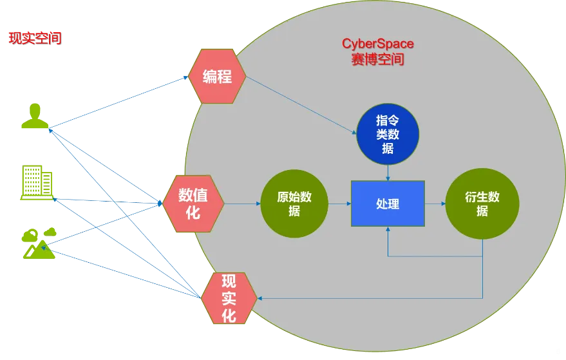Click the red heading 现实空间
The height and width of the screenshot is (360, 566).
pyautogui.click(x=35, y=38)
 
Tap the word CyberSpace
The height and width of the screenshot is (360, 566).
pyautogui.click(x=377, y=44)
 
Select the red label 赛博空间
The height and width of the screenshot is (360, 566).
pyautogui.click(x=377, y=59)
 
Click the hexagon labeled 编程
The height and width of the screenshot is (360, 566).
pyautogui.click(x=217, y=77)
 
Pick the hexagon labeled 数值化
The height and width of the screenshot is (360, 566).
pyautogui.click(x=193, y=204)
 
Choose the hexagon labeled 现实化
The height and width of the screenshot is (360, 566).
pyautogui.click(x=229, y=298)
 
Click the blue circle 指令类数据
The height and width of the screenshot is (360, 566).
pyautogui.click(x=388, y=134)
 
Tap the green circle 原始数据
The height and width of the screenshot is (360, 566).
pyautogui.click(x=294, y=204)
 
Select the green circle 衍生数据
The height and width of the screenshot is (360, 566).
pyautogui.click(x=482, y=204)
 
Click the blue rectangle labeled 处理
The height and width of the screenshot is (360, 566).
pyautogui.click(x=388, y=204)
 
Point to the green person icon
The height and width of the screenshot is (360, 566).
pyautogui.click(x=35, y=116)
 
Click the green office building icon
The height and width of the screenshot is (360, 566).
pyautogui.click(x=37, y=182)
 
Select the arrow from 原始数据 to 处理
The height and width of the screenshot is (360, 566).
pyautogui.click(x=339, y=204)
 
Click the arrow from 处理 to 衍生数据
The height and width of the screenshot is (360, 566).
pyautogui.click(x=435, y=204)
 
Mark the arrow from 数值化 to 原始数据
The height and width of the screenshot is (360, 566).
pyautogui.click(x=242, y=204)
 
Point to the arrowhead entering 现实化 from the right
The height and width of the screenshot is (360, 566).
pyautogui.click(x=261, y=298)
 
